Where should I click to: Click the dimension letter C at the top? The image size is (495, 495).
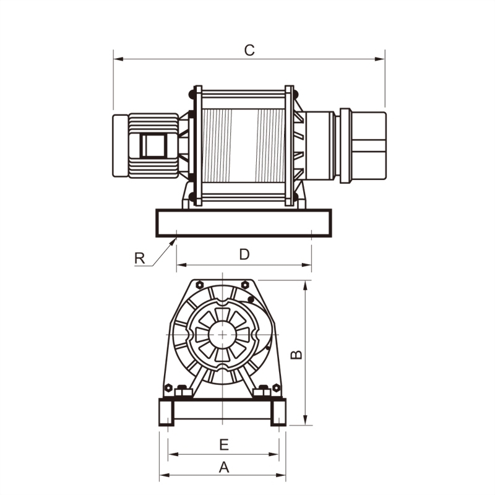click(249, 50)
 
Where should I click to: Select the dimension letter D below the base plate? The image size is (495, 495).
click(244, 254)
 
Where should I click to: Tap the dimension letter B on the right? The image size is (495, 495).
click(297, 353)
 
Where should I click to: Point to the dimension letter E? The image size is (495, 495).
click(224, 444)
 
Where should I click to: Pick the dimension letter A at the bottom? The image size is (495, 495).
click(224, 467)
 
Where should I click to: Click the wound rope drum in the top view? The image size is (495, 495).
click(244, 145)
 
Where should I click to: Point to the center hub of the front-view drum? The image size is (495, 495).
click(222, 335)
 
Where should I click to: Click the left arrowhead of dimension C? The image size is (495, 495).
click(117, 59)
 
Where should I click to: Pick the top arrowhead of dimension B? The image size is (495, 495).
click(305, 284)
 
